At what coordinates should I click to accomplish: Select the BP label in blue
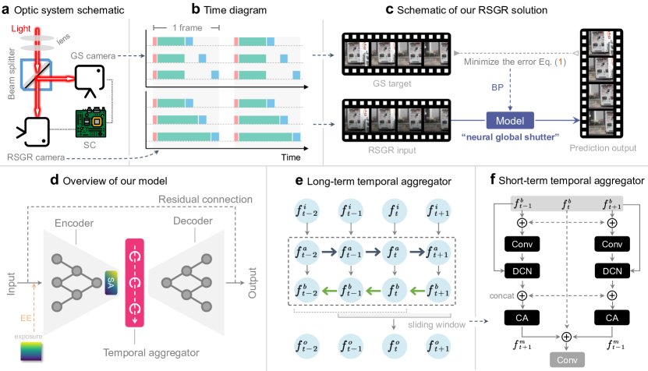coord(496,87)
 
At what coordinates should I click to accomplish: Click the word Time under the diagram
coord(291,157)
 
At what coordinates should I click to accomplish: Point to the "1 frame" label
coord(186,28)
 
